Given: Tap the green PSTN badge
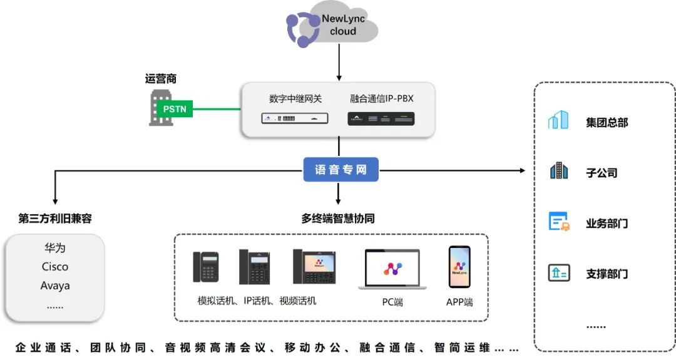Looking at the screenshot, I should coord(175,109).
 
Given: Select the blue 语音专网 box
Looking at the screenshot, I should coord(341,170).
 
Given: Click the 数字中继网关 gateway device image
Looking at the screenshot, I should coord(295,118).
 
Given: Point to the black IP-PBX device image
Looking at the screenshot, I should coord(381,118).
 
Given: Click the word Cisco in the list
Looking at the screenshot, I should coord(55,266).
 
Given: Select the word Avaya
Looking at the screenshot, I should coord(55,285).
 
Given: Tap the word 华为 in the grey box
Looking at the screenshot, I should coord(55,247).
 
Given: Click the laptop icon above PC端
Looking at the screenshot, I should coord(392,270).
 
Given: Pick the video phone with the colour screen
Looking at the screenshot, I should coord(314,267).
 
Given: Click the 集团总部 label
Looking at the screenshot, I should coord(607,122).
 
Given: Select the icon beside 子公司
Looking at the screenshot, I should coord(558,171).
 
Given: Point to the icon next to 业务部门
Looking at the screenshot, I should coord(558,222).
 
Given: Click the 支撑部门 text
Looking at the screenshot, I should coord(607,274).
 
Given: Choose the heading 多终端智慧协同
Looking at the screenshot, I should coord(338,219).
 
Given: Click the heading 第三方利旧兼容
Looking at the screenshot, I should coord(55,219).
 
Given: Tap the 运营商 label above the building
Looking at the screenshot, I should coord(161,79).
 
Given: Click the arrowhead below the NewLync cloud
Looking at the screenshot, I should coord(339,77).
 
